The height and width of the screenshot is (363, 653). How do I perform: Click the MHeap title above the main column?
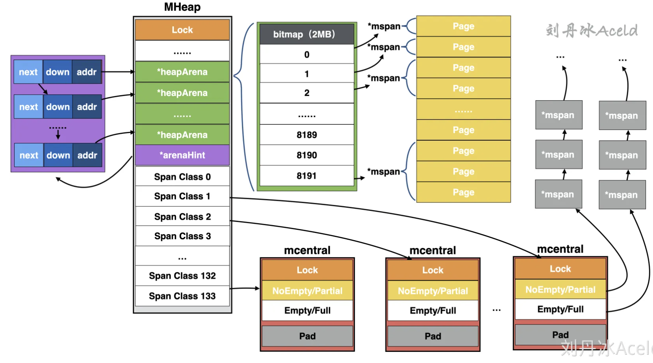pos(182,7)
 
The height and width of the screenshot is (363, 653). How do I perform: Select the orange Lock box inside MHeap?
pos(182,30)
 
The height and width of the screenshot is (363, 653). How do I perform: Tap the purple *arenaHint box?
pos(182,155)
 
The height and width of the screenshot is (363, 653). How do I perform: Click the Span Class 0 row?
pos(182,177)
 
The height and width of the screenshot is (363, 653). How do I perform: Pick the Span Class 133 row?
pos(182,296)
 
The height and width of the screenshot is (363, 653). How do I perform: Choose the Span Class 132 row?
pos(182,276)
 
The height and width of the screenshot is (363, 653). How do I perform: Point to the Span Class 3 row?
pos(182,236)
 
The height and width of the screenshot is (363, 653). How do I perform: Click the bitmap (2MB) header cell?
pos(307,34)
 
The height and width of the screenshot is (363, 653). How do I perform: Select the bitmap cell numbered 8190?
pos(307,155)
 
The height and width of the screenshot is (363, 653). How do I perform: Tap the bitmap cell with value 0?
pos(307,55)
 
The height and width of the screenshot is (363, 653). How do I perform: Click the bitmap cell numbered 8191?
pos(307,176)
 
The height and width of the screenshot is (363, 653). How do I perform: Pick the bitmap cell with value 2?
pos(307,93)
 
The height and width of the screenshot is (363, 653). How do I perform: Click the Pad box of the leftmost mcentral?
pos(307,336)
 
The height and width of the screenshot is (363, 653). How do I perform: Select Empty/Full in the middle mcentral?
pos(433,311)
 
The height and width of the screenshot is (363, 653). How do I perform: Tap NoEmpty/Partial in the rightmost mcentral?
pos(560,290)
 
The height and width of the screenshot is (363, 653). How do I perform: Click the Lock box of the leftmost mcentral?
pos(307,270)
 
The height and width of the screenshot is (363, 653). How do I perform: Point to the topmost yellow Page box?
pos(463,26)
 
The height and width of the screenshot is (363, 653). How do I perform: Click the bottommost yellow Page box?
pos(463,192)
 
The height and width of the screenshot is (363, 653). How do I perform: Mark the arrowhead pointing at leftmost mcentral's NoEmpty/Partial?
pos(258,288)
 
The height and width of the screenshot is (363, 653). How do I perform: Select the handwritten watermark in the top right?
pos(592,31)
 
